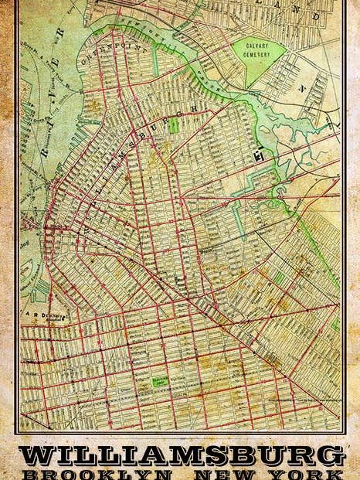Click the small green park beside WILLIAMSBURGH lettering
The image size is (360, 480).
click(173, 124)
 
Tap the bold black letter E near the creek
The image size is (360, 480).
click(260, 158)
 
